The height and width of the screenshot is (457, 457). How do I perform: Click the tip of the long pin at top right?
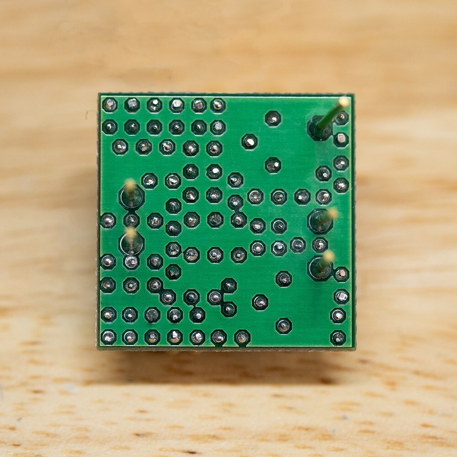tap(344, 102)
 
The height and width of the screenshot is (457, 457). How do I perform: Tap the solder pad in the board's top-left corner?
tap(109, 105)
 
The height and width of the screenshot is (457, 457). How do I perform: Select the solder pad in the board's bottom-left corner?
tap(108, 337)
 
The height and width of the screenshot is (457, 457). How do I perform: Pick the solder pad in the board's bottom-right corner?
tap(338, 338)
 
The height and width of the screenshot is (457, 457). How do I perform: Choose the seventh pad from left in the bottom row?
tap(242, 338)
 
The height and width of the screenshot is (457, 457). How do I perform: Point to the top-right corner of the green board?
tap(353, 94)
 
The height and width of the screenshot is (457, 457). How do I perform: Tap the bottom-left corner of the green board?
tap(99, 349)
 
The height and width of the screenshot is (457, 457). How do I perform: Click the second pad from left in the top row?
tap(132, 105)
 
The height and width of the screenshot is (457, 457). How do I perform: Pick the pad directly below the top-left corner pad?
tap(109, 127)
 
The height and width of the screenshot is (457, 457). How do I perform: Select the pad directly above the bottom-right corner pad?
tap(338, 315)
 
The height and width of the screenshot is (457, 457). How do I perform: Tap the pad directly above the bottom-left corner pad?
tap(108, 314)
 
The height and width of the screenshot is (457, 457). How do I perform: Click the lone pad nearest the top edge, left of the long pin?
tap(273, 118)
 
